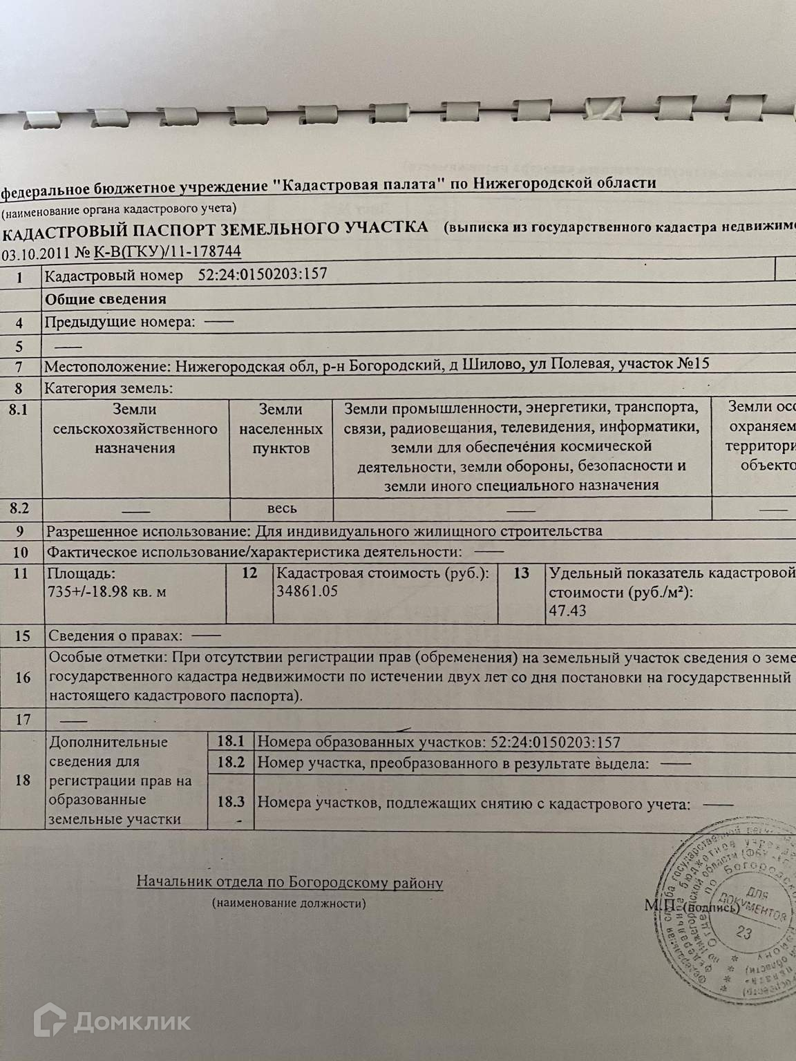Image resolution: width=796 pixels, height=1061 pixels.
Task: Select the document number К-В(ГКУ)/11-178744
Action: click(x=167, y=252)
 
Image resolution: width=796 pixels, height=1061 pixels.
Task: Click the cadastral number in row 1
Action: click(x=263, y=274)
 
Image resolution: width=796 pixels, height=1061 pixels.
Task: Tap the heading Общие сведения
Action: click(x=106, y=298)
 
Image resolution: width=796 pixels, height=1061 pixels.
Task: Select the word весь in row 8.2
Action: click(x=282, y=508)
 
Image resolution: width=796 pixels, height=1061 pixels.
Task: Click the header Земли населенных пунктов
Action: click(x=281, y=429)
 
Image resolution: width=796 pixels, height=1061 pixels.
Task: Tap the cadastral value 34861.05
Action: click(x=306, y=591)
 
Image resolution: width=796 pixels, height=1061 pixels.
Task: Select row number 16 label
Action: click(x=23, y=677)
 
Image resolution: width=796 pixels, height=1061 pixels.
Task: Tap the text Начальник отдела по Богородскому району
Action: click(x=290, y=882)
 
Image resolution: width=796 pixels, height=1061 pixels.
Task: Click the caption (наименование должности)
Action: click(x=290, y=903)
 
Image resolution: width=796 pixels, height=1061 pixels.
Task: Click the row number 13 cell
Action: click(x=522, y=573)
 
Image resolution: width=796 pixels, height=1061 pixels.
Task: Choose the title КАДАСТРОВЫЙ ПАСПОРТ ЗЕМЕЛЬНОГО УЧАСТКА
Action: click(x=216, y=229)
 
